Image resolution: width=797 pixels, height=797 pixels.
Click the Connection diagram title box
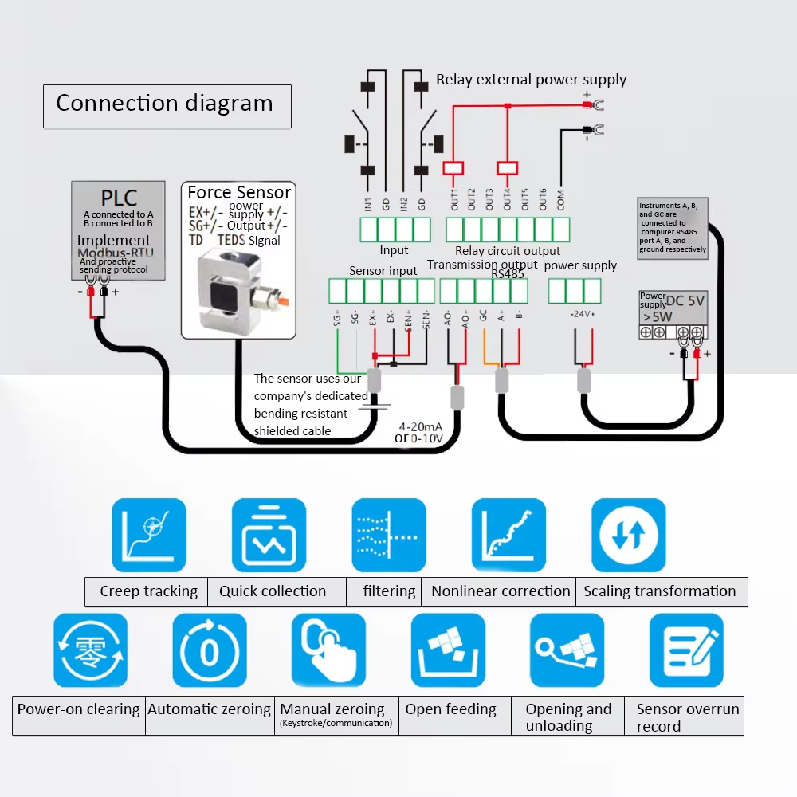167,105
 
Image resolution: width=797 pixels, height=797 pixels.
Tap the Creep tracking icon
149,535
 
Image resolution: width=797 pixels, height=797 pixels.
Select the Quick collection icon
269,535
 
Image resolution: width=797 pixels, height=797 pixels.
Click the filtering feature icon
389,535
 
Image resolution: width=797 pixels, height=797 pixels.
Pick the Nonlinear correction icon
508,535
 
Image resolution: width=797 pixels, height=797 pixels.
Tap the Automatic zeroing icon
209,651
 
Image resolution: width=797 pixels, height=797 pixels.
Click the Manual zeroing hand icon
328,651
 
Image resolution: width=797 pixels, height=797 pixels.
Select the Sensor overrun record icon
687,651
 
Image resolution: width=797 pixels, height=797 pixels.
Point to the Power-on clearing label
78,709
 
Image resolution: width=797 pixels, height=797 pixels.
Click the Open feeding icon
448,651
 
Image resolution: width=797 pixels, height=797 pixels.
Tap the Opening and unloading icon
567,651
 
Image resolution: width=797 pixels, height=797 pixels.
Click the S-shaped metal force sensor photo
238,291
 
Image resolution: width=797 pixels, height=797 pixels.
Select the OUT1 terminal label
454,199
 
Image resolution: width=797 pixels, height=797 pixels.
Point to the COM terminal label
560,199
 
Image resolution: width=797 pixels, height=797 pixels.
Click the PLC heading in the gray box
119,198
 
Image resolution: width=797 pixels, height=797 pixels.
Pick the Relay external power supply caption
531,80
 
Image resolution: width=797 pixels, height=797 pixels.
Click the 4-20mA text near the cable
421,426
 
